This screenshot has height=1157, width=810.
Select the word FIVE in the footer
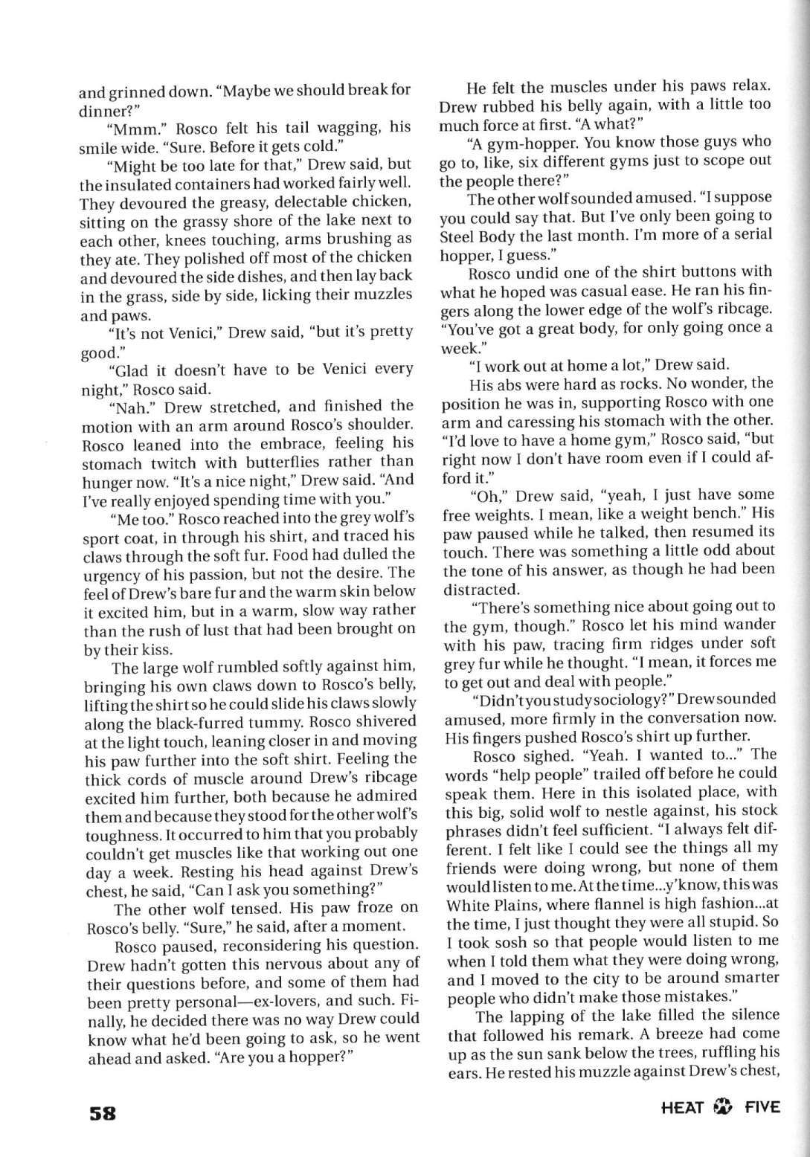759,1107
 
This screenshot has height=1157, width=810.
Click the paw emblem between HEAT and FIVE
720,1108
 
